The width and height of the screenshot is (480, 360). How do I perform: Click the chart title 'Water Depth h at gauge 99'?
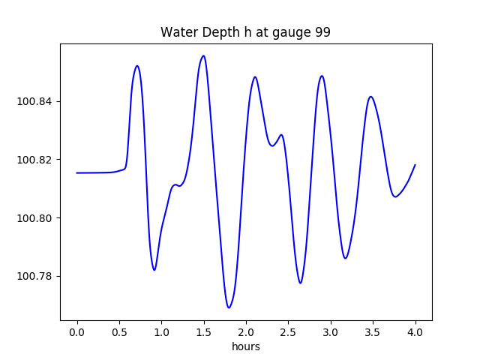(x=245, y=33)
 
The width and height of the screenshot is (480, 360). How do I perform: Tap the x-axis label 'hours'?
(x=245, y=347)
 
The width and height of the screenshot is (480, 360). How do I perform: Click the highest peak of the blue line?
(x=203, y=55)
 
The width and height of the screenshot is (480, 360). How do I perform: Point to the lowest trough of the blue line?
(x=229, y=307)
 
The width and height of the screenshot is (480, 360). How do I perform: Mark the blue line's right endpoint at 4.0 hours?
(x=415, y=165)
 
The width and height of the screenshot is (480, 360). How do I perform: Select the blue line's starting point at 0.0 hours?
(x=77, y=172)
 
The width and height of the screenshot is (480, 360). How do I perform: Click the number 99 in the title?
(x=323, y=33)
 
